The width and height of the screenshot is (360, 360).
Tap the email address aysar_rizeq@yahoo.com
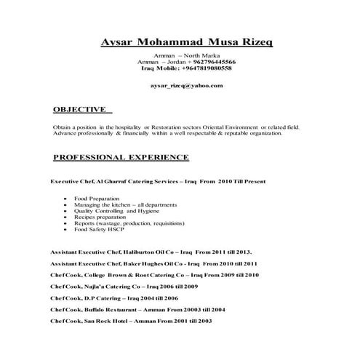(186, 85)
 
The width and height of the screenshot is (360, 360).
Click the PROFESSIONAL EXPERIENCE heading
(121, 157)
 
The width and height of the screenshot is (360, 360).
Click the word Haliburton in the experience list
(145, 249)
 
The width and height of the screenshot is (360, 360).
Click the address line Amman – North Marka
(188, 55)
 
